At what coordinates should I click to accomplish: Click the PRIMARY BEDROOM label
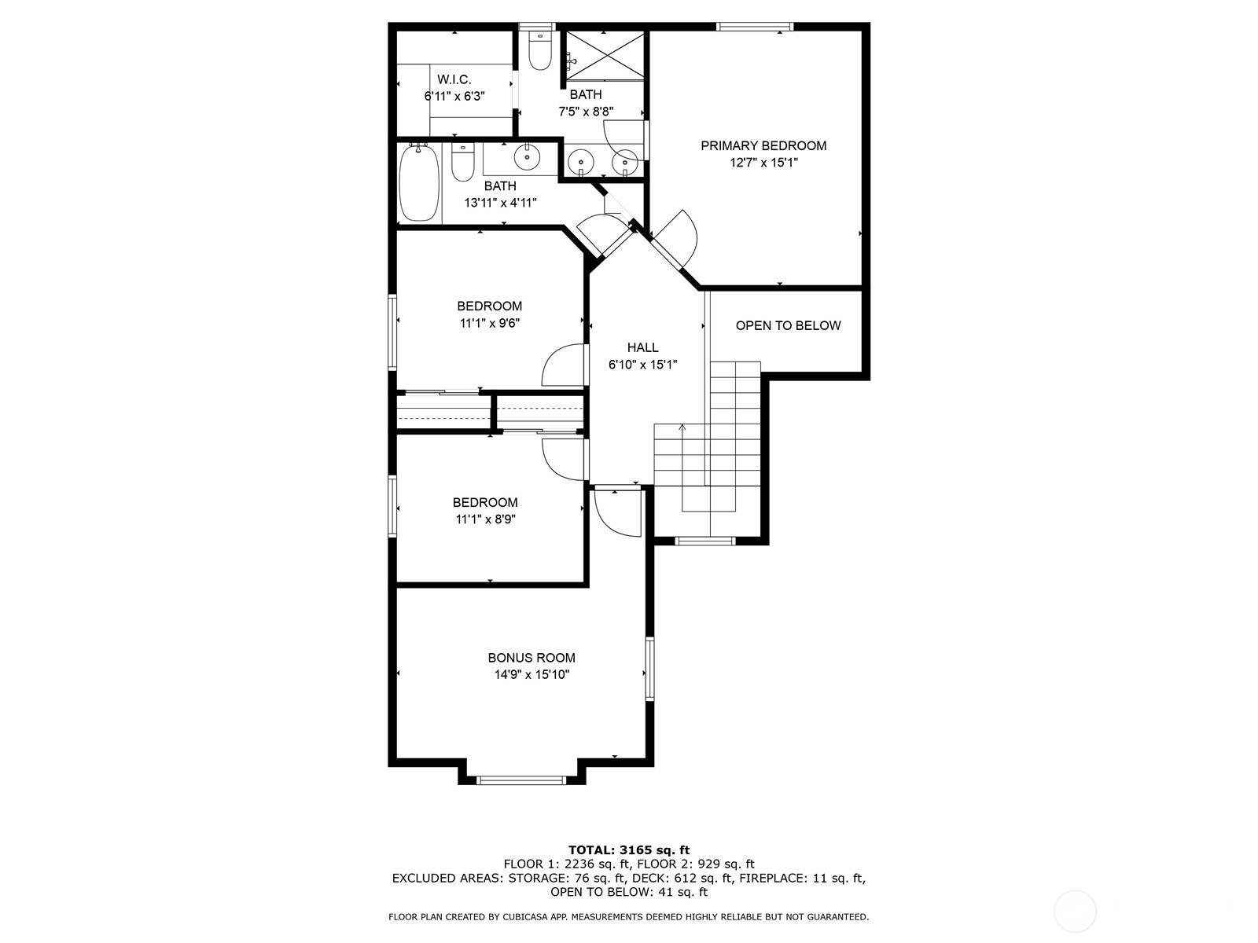[x=763, y=146]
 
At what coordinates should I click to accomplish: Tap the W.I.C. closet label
[x=454, y=79]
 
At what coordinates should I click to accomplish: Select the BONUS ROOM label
[x=532, y=658]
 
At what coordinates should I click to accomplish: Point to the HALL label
[x=642, y=347]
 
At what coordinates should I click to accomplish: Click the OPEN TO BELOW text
[x=788, y=326]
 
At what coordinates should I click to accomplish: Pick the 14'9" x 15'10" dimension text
[x=532, y=675]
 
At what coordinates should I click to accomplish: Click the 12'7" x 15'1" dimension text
[x=763, y=163]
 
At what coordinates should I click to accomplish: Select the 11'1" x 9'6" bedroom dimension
[x=490, y=324]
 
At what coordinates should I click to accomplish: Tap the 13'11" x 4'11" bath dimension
[x=500, y=203]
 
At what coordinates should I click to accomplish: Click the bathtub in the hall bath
[x=420, y=183]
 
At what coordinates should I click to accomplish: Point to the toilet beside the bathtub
[x=463, y=162]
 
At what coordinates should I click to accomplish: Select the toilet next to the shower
[x=540, y=51]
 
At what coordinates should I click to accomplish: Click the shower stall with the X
[x=605, y=56]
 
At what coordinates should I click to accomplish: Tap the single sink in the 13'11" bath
[x=527, y=157]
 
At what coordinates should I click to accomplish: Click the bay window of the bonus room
[x=521, y=780]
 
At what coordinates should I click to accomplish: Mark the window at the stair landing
[x=705, y=541]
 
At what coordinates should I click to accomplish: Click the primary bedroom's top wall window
[x=755, y=27]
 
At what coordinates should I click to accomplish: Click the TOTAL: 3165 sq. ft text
[x=629, y=850]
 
